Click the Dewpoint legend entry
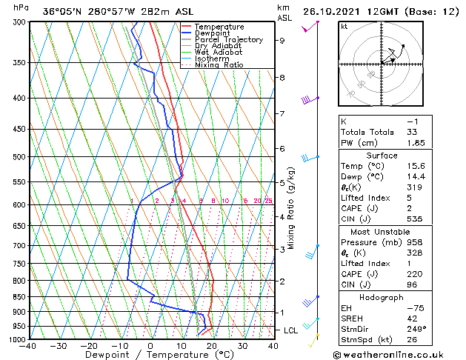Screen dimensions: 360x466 tap(213, 33)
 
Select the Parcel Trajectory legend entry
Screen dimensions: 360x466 tap(228, 40)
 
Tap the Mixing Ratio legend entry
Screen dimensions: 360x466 tap(219, 65)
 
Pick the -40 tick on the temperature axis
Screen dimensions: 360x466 tap(29, 346)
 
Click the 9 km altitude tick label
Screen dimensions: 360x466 tap(282, 41)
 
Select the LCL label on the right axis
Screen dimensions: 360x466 tap(291, 330)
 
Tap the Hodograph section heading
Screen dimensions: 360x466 tap(381, 296)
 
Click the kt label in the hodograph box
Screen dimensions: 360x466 tap(344, 26)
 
